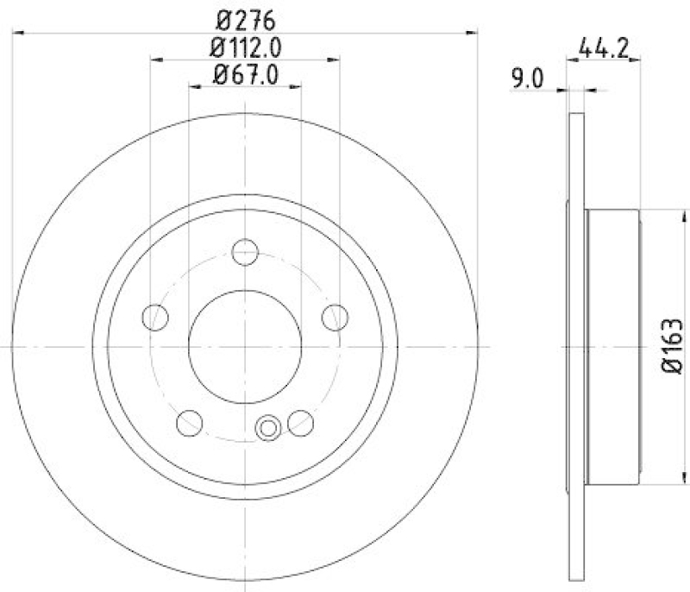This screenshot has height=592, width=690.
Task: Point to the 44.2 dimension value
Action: coord(602,49)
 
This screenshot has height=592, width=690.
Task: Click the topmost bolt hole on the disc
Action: coord(246,252)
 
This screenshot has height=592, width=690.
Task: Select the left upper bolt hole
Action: coord(156,317)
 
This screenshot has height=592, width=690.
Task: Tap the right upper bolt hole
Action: coord(335,317)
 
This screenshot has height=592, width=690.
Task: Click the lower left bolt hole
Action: coord(190,422)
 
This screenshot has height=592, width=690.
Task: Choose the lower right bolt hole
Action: coord(301,422)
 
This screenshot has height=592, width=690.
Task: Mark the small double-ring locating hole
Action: coord(269,427)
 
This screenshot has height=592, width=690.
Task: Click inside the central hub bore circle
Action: coord(246,346)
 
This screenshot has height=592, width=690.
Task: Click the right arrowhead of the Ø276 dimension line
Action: coord(473,33)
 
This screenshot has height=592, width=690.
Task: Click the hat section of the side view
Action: coord(614,346)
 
